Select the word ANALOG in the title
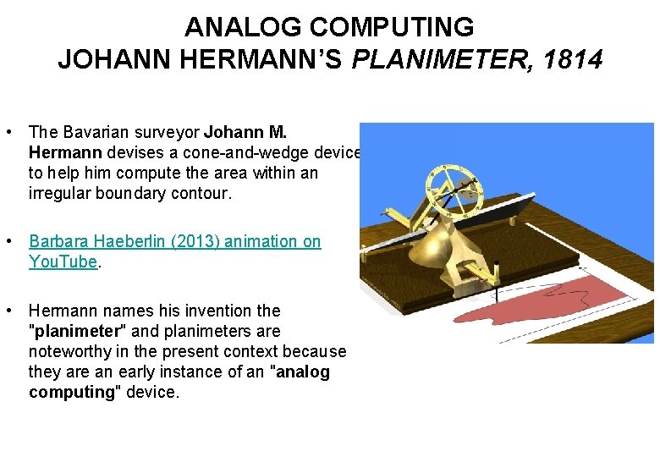point(244,27)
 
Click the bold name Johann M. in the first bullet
point(245,132)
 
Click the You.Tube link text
point(63,262)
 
